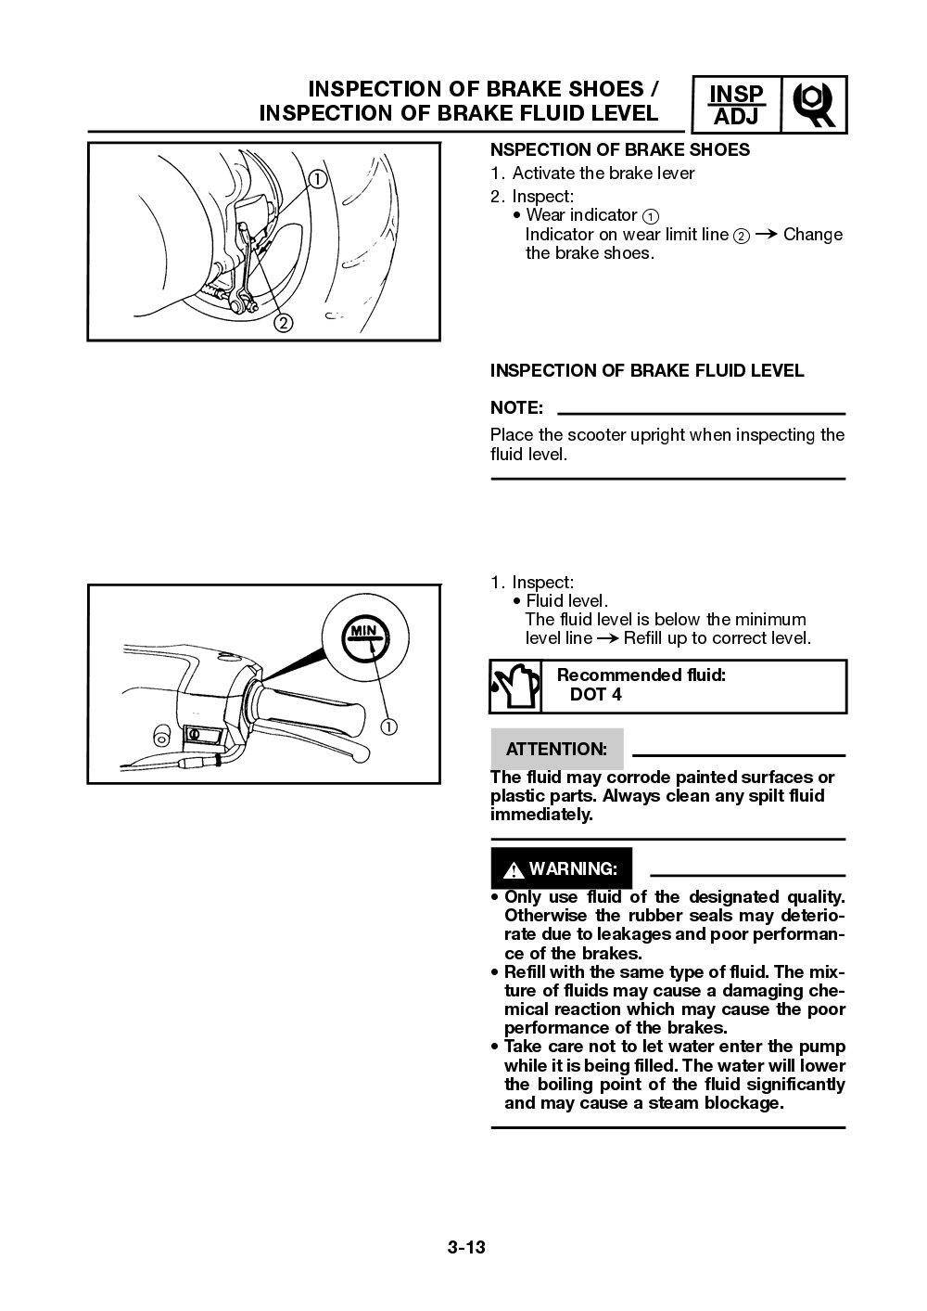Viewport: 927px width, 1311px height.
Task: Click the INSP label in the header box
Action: coord(736,95)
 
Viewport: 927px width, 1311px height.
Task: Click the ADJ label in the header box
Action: coord(736,117)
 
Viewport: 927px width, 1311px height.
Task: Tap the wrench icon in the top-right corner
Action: coord(814,106)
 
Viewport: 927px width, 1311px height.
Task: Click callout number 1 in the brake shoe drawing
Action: coord(317,178)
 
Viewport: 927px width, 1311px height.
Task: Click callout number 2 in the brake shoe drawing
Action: coord(283,323)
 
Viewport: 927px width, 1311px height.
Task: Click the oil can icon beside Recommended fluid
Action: coord(514,687)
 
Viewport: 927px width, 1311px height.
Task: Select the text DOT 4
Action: coord(595,695)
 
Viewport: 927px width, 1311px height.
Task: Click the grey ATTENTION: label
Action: coord(556,749)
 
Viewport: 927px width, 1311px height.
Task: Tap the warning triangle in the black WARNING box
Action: coord(513,870)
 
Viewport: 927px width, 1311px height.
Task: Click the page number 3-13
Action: coord(466,1247)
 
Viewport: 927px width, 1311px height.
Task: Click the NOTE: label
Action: coord(515,408)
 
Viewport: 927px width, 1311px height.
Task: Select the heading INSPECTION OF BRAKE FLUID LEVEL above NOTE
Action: coord(646,371)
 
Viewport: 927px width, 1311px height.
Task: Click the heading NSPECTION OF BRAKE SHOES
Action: coord(619,150)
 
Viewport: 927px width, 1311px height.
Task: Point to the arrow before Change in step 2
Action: coord(765,235)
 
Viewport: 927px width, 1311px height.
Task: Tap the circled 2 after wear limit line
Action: coord(741,236)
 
